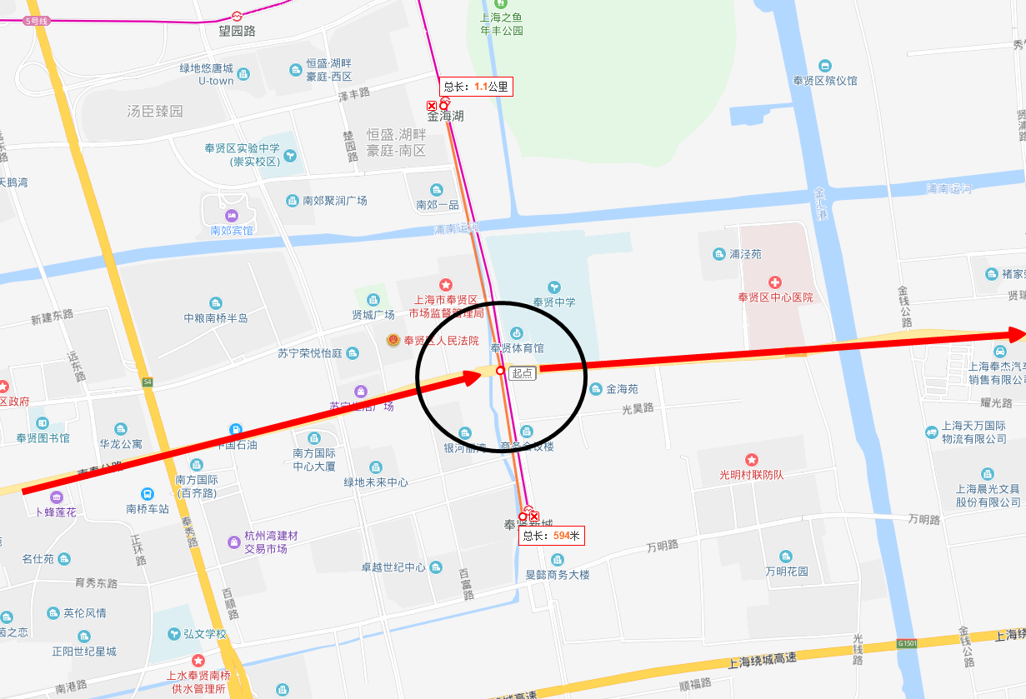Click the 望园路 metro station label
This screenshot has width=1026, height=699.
[225, 31]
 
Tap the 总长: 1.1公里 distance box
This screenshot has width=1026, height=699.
[476, 86]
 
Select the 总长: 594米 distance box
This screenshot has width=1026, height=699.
[551, 536]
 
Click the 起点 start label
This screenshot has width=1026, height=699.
[523, 373]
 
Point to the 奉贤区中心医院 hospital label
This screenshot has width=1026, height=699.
[775, 297]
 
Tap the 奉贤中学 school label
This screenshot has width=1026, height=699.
[554, 302]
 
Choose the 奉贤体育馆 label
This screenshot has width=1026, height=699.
[517, 347]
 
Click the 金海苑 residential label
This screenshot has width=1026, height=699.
[622, 388]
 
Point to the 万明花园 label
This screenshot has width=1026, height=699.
[787, 572]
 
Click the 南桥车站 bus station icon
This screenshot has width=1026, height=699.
[148, 494]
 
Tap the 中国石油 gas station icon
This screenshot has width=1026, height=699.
[237, 430]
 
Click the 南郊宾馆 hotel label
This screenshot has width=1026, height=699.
[231, 230]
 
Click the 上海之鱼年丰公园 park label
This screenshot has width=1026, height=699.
[501, 23]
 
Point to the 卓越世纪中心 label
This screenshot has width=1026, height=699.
[393, 567]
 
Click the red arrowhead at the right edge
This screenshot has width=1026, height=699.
[1017, 334]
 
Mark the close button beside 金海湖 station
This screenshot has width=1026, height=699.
[432, 106]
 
